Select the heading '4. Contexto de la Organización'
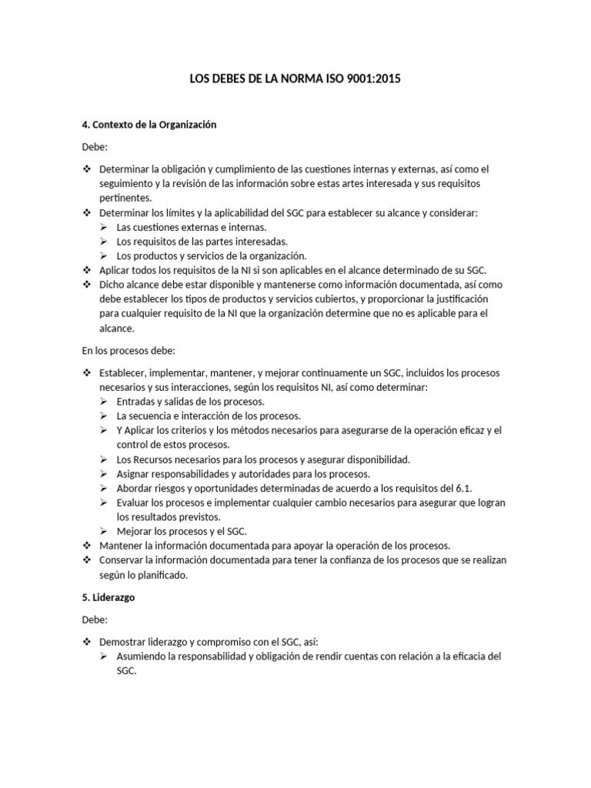click(x=149, y=124)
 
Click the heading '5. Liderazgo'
click(x=109, y=597)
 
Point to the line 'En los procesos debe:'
click(x=129, y=351)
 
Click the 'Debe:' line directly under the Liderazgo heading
click(x=95, y=619)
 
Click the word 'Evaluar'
click(x=134, y=503)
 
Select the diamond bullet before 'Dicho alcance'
click(x=87, y=284)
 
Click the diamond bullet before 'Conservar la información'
click(x=87, y=560)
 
